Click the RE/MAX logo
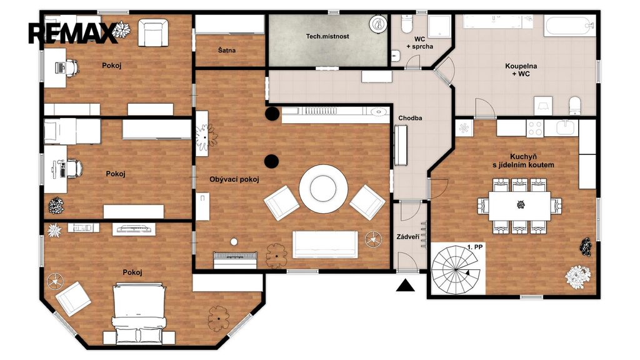pyautogui.click(x=72, y=33)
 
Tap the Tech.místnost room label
pyautogui.click(x=327, y=36)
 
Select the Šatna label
pyautogui.click(x=226, y=50)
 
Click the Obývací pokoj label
pyautogui.click(x=234, y=179)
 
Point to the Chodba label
pyautogui.click(x=410, y=118)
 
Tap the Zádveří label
pyautogui.click(x=407, y=237)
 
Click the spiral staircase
pyautogui.click(x=456, y=269)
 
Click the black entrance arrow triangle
pyautogui.click(x=405, y=285)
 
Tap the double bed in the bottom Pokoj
pyautogui.click(x=139, y=313)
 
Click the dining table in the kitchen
pyautogui.click(x=519, y=206)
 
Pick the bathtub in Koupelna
pyautogui.click(x=569, y=25)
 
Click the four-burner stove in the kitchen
pyautogui.click(x=535, y=128)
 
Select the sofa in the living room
pyautogui.click(x=325, y=244)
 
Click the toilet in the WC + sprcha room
pyautogui.click(x=407, y=24)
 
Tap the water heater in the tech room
pyautogui.click(x=378, y=24)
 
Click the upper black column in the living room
pyautogui.click(x=272, y=114)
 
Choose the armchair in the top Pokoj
pyautogui.click(x=152, y=32)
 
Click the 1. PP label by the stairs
pyautogui.click(x=475, y=247)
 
